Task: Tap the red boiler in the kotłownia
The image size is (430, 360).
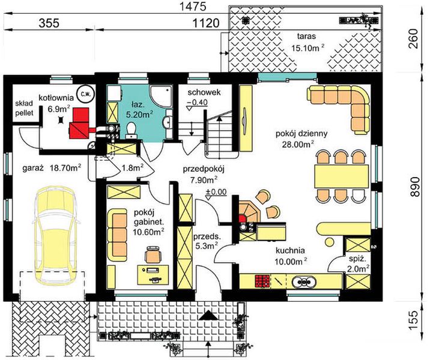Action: click(x=80, y=122)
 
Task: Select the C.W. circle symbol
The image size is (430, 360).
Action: click(x=85, y=93)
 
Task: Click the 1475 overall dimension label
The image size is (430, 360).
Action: click(x=192, y=7)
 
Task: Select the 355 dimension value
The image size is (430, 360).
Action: click(x=49, y=23)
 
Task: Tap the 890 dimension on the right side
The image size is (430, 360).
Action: click(x=415, y=187)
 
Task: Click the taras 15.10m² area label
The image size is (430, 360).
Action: click(x=307, y=42)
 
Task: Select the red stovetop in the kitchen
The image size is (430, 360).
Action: click(x=262, y=281)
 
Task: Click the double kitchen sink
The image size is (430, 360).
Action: click(x=303, y=281)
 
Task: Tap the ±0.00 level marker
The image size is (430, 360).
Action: click(x=216, y=191)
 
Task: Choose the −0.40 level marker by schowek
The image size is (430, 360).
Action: click(x=197, y=103)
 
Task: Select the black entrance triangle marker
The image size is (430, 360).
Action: click(x=208, y=316)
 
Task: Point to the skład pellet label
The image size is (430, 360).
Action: click(x=24, y=108)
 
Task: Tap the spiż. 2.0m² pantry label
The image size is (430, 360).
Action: click(x=357, y=264)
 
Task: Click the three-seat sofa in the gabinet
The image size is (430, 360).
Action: click(x=117, y=235)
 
